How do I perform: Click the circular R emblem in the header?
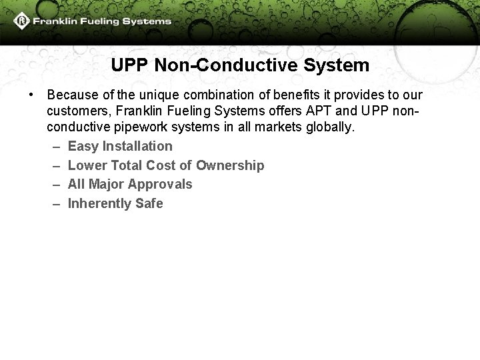coord(23,21)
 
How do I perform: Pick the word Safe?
coord(149,203)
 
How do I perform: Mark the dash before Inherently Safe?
coord(55,203)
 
